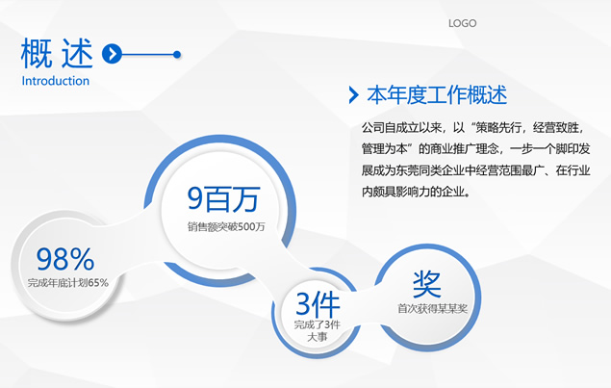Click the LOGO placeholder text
pos(462,23)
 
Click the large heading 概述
pos(57,53)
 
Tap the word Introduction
pos(56,81)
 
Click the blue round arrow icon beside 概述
pos(112,54)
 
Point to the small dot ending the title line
pos(177,54)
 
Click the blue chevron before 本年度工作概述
pos(353,95)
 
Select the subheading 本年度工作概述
pos(437,95)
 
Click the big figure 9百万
pos(223,198)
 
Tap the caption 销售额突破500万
pos(226,226)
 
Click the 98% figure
pos(65,259)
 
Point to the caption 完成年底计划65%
pos(67,283)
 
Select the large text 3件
pos(318,304)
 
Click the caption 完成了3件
pos(318,324)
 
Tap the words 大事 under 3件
pos(318,337)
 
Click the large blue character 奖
pos(427,284)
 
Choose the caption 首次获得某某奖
pos(432,309)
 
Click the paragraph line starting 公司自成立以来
pos(473,127)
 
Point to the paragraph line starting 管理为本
pos(475,148)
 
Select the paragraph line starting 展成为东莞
pos(475,170)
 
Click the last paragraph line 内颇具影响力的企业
pos(416,192)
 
